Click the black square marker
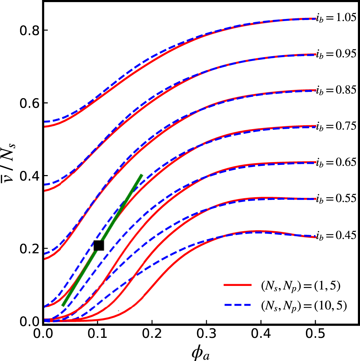pos(99,246)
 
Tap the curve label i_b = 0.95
pos(336,54)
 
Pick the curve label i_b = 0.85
pos(336,90)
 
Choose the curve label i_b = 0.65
pos(336,162)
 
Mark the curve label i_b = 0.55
pos(336,199)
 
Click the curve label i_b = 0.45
pos(336,235)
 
